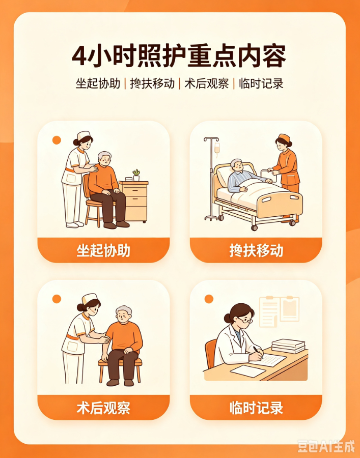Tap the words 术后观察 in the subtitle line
point(207,83)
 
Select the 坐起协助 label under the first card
point(103,250)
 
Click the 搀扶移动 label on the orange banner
point(256,250)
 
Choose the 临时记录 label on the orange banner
point(256,408)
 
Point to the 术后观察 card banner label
point(103,408)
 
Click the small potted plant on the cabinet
point(136,175)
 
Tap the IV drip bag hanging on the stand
point(217,149)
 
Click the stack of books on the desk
point(289,346)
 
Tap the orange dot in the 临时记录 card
point(209,299)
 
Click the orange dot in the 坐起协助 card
point(57,140)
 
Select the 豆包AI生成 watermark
point(326,446)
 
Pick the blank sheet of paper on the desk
point(248,371)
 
